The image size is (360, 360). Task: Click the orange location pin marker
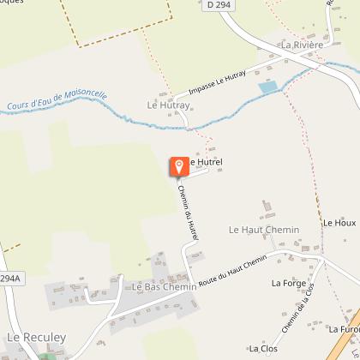(179, 166)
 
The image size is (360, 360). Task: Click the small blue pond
(268, 87)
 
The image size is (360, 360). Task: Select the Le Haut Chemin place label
(264, 230)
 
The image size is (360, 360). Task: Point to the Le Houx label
(339, 223)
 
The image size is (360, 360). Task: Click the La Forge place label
(288, 283)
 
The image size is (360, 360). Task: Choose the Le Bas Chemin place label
(164, 287)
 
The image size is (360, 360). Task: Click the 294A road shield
(9, 279)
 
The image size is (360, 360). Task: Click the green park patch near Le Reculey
(43, 353)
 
